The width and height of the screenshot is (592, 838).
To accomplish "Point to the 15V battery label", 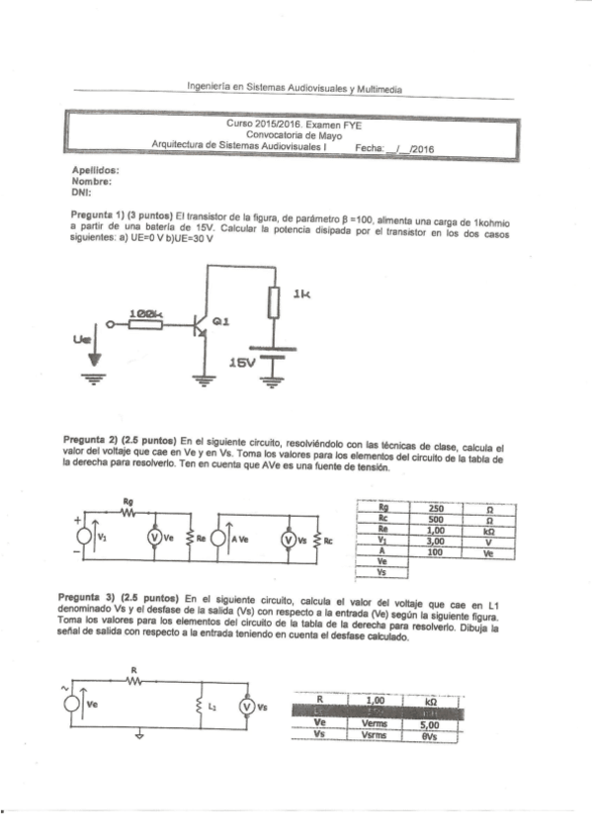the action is (x=240, y=364).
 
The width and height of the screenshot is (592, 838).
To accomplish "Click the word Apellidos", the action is (x=96, y=171).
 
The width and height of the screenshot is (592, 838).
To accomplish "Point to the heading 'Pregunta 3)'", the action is (x=103, y=599).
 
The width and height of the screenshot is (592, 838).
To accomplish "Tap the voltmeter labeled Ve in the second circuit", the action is (x=153, y=539).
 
